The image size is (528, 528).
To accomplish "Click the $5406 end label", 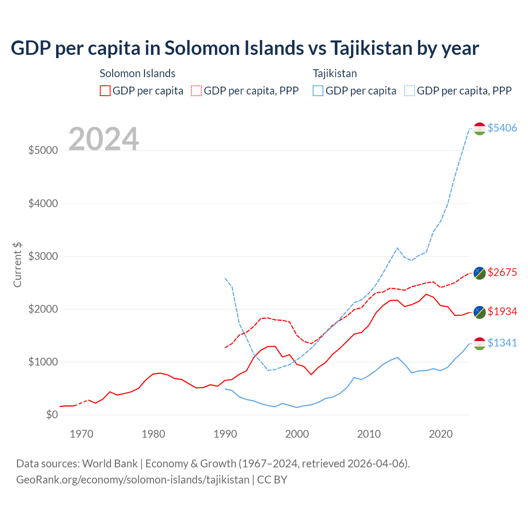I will click(x=502, y=128).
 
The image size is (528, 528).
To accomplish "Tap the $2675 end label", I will click(x=502, y=272).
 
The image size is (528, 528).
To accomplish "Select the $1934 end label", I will click(x=502, y=311).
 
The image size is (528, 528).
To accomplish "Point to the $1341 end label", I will click(x=502, y=343).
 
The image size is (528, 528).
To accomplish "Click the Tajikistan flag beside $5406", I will click(x=479, y=129).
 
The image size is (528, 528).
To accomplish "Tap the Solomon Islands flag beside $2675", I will click(x=479, y=273).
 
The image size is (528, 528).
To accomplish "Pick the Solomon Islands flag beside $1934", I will click(x=479, y=312).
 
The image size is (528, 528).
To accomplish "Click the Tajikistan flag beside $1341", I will click(x=479, y=344).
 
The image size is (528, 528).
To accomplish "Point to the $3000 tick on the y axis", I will click(x=43, y=256).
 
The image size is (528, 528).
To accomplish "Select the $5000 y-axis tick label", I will click(x=43, y=150).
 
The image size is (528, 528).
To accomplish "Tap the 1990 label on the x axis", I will click(x=225, y=434).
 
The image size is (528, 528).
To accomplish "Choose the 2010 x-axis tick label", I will click(x=369, y=434).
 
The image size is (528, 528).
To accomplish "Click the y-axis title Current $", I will click(x=17, y=265).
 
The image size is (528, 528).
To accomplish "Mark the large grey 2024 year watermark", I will click(x=104, y=139).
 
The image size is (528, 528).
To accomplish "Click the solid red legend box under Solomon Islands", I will click(x=105, y=91).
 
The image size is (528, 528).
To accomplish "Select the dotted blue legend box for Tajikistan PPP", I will click(x=410, y=91).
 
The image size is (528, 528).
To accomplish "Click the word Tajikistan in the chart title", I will click(x=371, y=48).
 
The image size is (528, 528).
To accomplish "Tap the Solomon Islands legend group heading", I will click(x=137, y=73).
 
